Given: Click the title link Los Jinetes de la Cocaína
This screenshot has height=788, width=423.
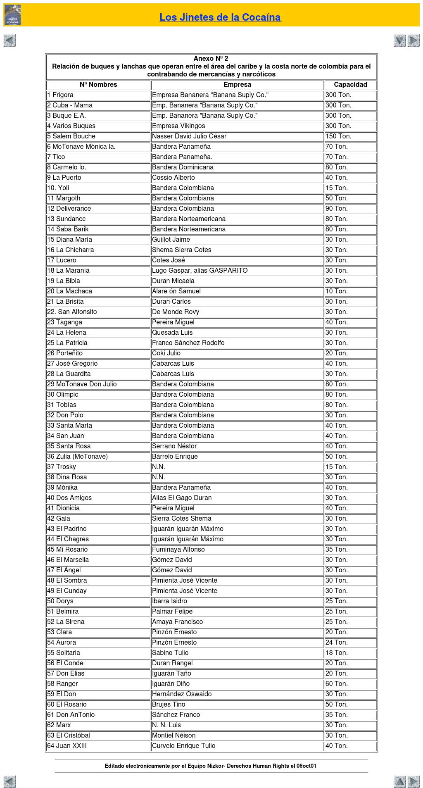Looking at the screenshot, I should point(220,17).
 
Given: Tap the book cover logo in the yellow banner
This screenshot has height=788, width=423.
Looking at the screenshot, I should point(12,15).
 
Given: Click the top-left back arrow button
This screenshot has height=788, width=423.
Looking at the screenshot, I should point(10,40).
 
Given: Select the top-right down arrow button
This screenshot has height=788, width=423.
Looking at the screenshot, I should point(400,40).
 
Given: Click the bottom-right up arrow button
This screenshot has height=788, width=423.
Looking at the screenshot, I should point(400,781).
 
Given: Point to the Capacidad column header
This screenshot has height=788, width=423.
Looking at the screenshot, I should point(350,85).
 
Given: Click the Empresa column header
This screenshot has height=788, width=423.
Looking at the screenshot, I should point(237,85).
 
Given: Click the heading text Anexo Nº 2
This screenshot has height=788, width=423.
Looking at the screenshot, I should point(211,59).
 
